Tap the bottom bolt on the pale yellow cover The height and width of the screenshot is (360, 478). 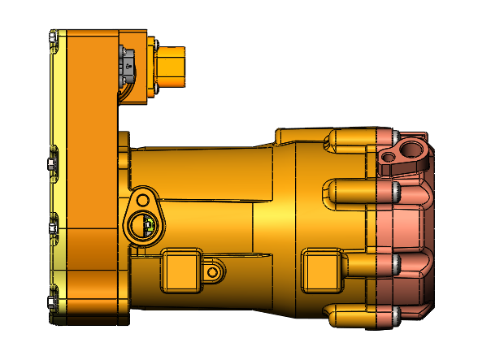pyautogui.click(x=53, y=303)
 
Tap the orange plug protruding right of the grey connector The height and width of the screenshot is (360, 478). pyautogui.click(x=171, y=66)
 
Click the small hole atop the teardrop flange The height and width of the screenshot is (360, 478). pyautogui.click(x=143, y=198)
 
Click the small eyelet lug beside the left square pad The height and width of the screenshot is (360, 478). pyautogui.click(x=214, y=270)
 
